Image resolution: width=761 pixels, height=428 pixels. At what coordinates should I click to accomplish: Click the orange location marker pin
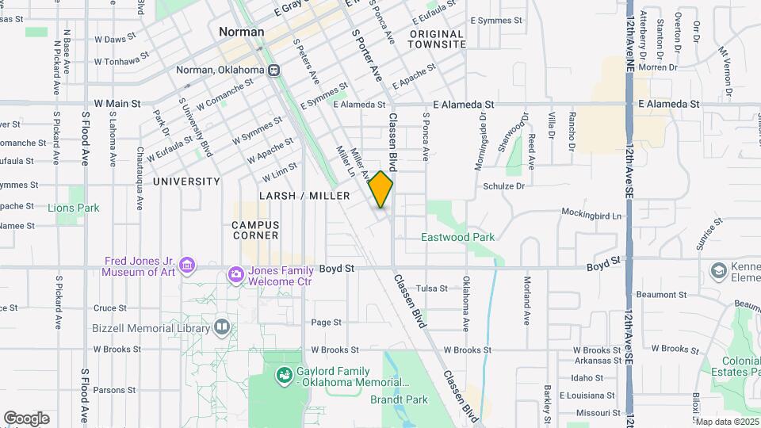click(380, 189)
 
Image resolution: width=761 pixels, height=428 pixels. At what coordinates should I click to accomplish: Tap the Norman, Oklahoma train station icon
click(274, 70)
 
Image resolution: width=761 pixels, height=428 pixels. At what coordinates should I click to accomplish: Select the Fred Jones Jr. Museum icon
click(187, 264)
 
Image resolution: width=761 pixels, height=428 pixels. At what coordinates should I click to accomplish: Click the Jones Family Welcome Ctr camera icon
click(235, 275)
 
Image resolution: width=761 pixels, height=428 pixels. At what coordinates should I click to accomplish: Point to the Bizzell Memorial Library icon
click(221, 327)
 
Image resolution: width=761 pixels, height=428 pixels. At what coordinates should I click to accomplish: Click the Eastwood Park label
click(457, 237)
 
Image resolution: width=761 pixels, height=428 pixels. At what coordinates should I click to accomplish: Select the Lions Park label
click(74, 208)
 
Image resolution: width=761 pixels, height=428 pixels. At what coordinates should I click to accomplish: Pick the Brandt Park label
click(399, 400)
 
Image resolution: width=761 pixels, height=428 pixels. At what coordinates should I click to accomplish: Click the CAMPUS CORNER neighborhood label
click(255, 230)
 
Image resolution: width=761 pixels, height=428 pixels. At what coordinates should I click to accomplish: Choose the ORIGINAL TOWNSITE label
click(437, 39)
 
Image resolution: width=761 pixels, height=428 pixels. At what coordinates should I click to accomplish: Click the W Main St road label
click(117, 103)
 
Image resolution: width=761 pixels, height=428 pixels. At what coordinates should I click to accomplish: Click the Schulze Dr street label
click(503, 186)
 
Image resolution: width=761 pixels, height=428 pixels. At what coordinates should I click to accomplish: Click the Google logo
click(26, 418)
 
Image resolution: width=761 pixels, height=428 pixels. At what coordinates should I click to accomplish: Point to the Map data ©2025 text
click(727, 422)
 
